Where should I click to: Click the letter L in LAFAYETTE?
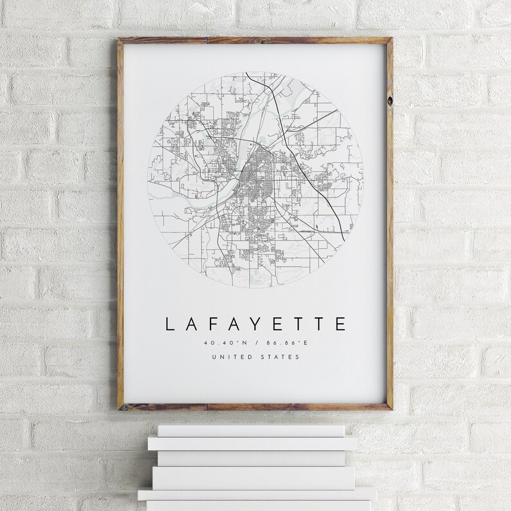click(x=171, y=323)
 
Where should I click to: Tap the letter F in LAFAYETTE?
click(x=213, y=323)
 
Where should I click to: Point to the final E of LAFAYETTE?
click(x=340, y=323)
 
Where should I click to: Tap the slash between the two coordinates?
click(x=256, y=343)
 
